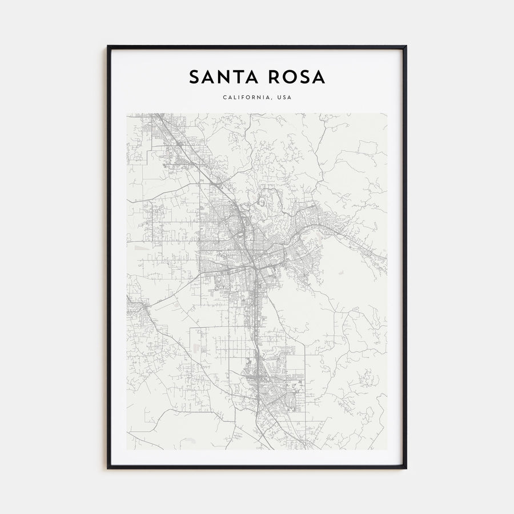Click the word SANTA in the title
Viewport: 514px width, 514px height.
pyautogui.click(x=223, y=77)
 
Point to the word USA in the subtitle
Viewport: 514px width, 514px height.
pyautogui.click(x=284, y=97)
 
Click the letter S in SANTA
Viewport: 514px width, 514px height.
pyautogui.click(x=194, y=77)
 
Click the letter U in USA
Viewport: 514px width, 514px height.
pyautogui.click(x=279, y=97)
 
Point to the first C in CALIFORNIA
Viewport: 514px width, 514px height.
pyautogui.click(x=225, y=97)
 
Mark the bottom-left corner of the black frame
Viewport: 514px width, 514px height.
pyautogui.click(x=108, y=468)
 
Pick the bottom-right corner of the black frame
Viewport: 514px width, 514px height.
pyautogui.click(x=406, y=468)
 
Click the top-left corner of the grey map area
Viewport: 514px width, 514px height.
pyautogui.click(x=127, y=113)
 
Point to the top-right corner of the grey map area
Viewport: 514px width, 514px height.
pyautogui.click(x=387, y=113)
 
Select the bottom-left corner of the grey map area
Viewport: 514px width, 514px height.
pyautogui.click(x=127, y=449)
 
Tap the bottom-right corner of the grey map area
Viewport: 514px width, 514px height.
pyautogui.click(x=387, y=449)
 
